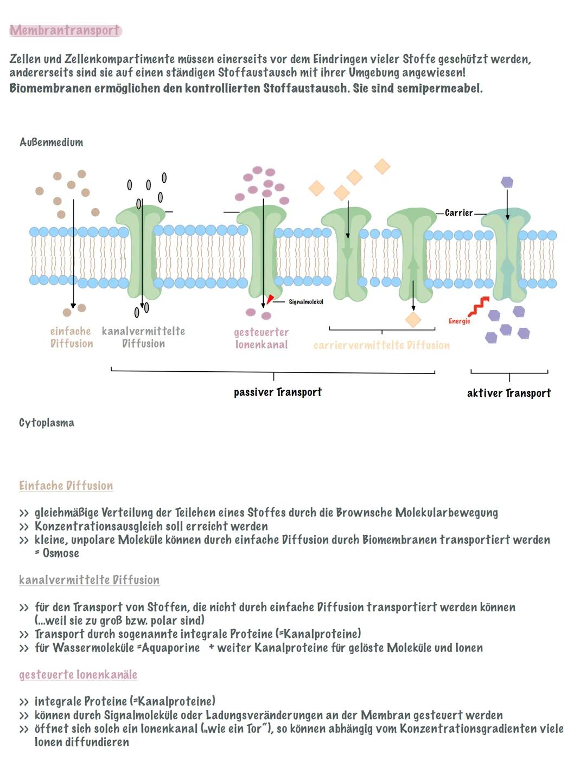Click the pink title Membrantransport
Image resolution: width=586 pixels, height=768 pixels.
[x=65, y=30]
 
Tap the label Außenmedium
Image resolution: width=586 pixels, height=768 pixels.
[x=52, y=143]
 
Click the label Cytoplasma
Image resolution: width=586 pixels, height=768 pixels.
[x=47, y=423]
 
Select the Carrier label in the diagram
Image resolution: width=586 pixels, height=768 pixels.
[x=458, y=213]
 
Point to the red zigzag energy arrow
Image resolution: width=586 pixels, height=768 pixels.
[x=478, y=307]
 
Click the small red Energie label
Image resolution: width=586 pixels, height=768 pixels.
[x=459, y=321]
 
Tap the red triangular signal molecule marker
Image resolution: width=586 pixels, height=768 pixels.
[x=270, y=300]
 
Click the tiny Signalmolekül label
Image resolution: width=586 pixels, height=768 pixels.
[x=305, y=302]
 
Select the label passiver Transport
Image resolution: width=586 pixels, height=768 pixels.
[x=278, y=392]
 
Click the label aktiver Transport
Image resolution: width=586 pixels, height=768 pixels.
[x=508, y=393]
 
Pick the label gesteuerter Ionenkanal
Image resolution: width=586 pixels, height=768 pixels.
[x=261, y=338]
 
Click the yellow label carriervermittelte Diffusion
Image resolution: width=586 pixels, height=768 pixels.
[x=381, y=345]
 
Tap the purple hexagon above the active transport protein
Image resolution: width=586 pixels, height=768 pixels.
[x=507, y=182]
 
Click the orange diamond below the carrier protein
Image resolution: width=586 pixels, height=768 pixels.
[x=413, y=320]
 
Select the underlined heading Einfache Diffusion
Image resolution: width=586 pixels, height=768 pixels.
[x=66, y=486]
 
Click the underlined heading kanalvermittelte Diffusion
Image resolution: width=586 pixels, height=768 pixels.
[x=90, y=580]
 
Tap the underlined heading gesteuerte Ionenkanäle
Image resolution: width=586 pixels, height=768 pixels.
[x=78, y=675]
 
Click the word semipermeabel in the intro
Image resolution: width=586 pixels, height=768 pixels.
[x=439, y=88]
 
